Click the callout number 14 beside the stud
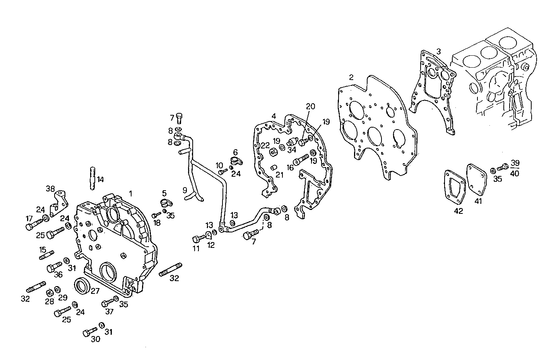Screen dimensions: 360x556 coord(100,179)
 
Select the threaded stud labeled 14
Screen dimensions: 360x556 coord(92,178)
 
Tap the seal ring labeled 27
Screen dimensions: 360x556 coord(82,286)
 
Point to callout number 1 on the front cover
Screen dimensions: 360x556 coord(131,193)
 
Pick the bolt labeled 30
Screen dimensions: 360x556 coord(90,332)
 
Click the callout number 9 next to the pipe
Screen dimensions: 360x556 coord(185,190)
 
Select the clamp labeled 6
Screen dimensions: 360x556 coord(235,161)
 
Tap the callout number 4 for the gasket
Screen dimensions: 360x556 coord(274,116)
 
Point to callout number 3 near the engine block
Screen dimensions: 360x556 coord(438,51)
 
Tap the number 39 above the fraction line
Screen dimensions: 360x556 coord(515,162)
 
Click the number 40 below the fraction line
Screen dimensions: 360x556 coord(515,173)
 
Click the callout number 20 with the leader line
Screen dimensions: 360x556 coord(311,106)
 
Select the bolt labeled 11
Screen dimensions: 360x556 coord(197,239)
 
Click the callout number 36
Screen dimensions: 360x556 coord(58,275)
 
